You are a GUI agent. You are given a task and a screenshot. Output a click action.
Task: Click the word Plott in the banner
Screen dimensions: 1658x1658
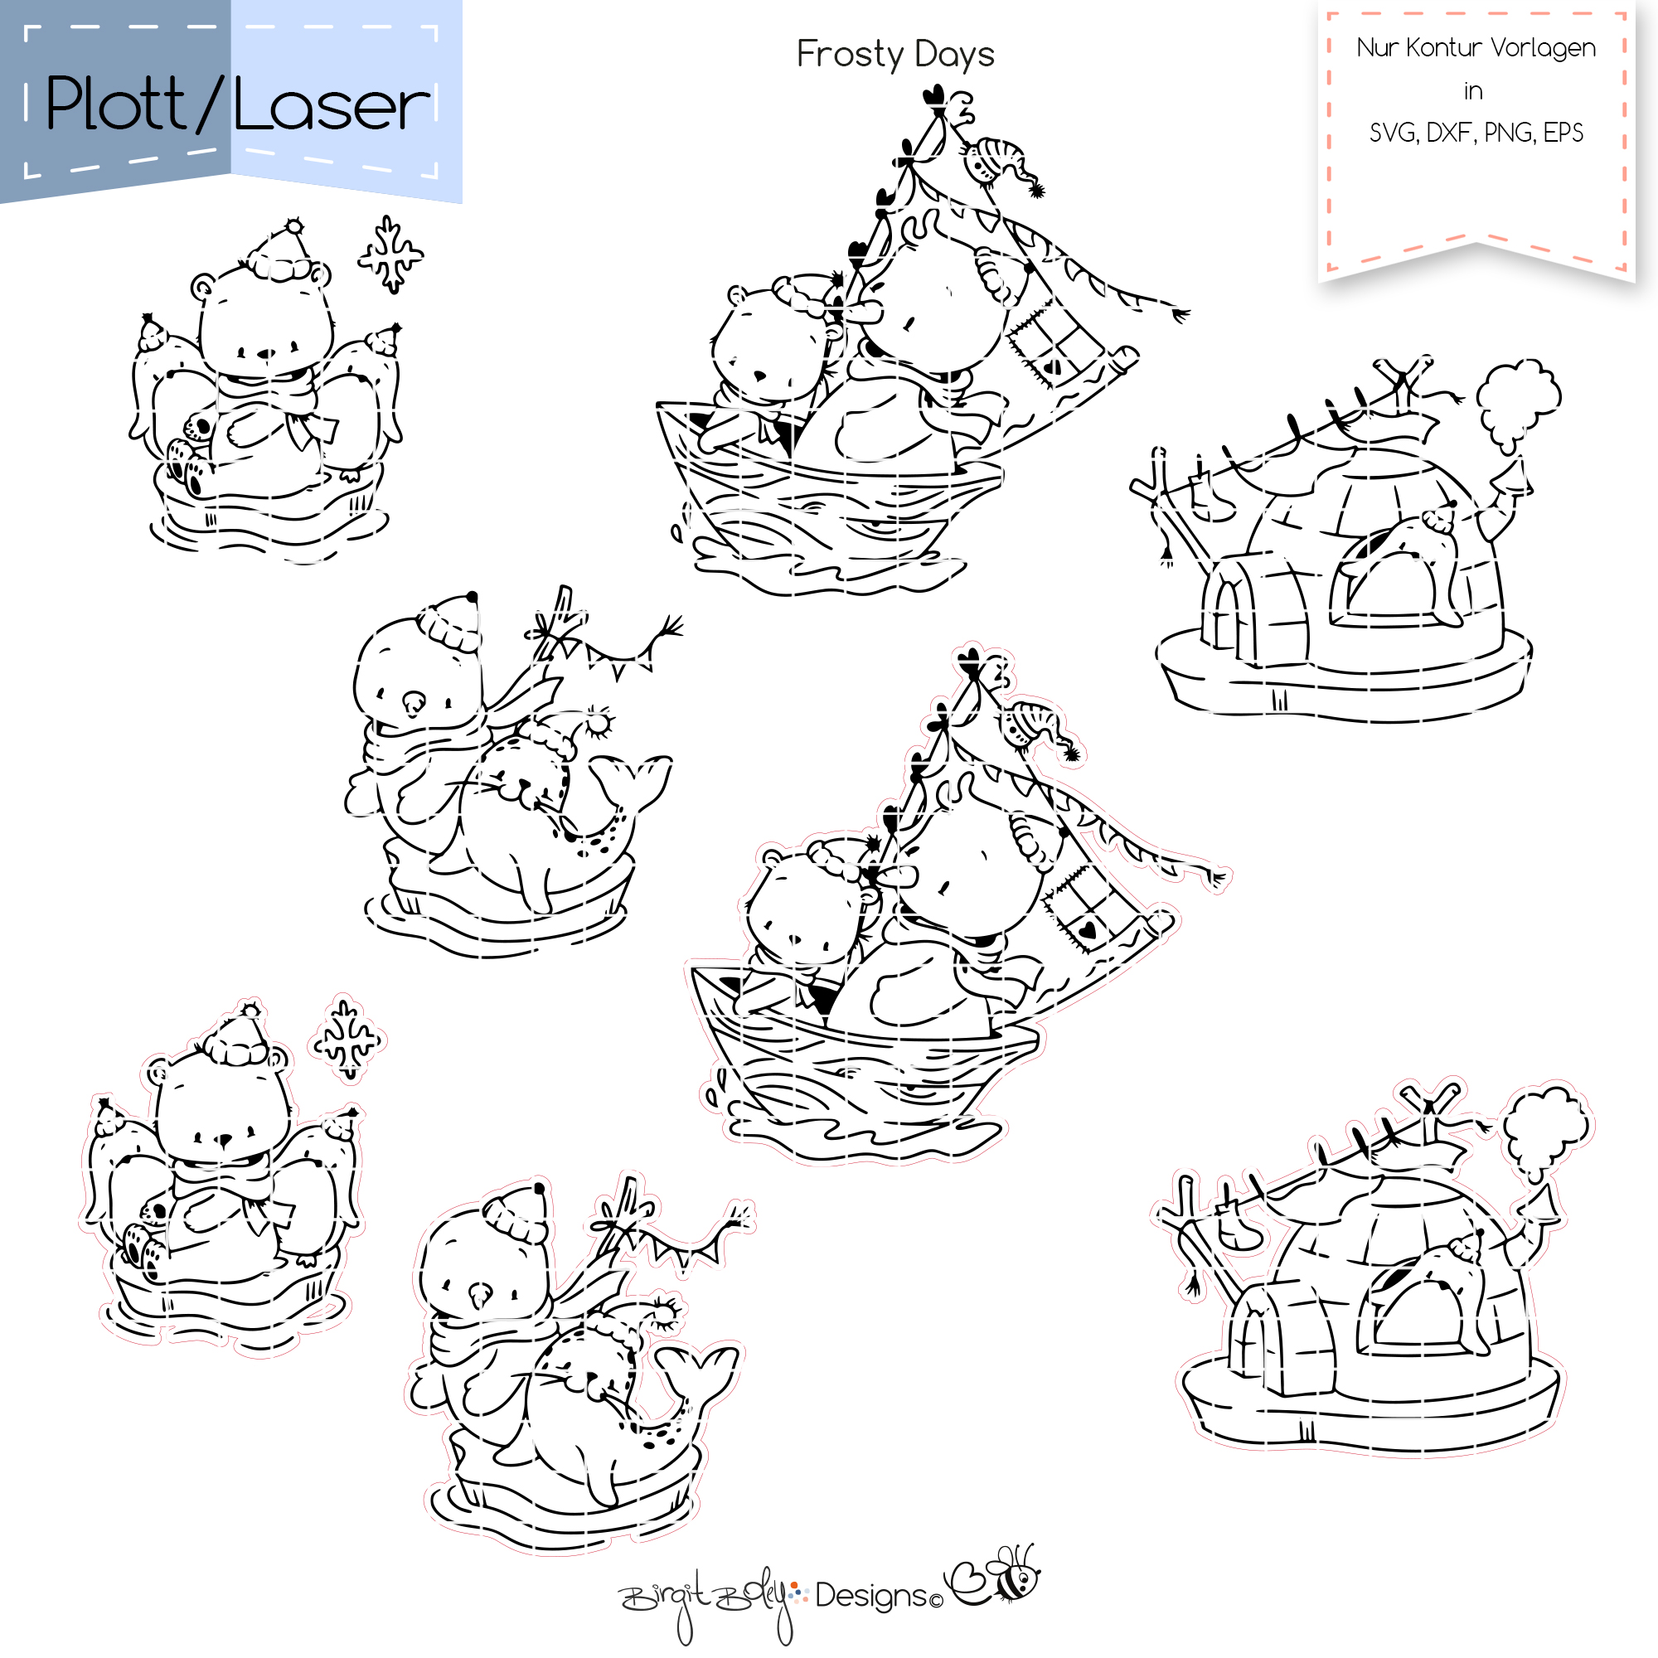(115, 104)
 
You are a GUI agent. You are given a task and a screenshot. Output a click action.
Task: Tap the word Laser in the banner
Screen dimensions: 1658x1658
(332, 106)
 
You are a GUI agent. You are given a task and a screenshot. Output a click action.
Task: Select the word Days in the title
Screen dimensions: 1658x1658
(954, 56)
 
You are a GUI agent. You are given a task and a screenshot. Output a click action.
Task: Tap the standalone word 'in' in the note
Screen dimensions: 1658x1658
(1473, 91)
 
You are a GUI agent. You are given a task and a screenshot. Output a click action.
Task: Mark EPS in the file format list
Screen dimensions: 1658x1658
(1563, 133)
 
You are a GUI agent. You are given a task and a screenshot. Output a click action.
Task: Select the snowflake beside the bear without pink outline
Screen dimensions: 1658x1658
(391, 254)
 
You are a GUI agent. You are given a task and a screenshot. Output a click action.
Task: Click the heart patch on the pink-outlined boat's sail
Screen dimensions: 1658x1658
(1088, 928)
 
